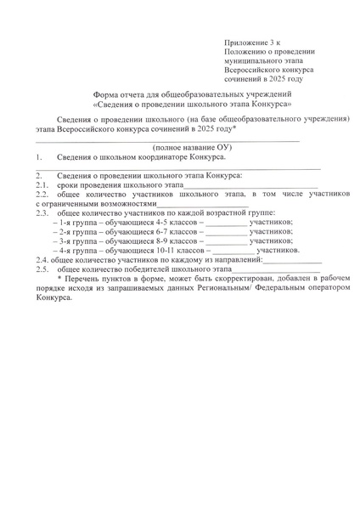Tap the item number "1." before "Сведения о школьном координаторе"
tap(40, 157)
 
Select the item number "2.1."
tap(42, 184)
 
